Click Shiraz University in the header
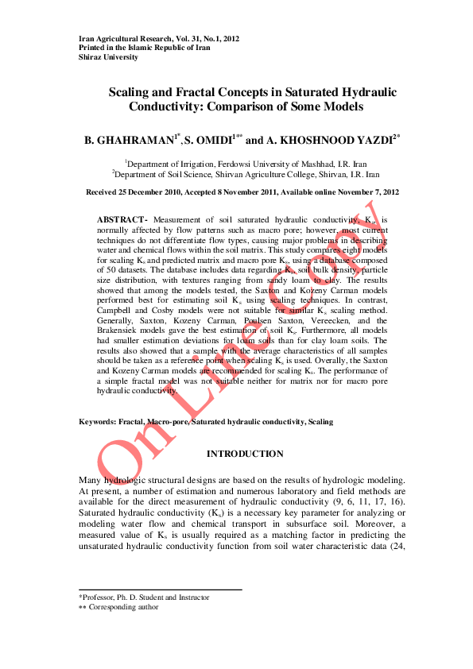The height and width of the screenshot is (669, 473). click(107, 57)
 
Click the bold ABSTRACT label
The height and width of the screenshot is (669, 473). click(122, 218)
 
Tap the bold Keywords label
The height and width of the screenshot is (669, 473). click(97, 421)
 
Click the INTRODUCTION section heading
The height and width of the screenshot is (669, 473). click(245, 454)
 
